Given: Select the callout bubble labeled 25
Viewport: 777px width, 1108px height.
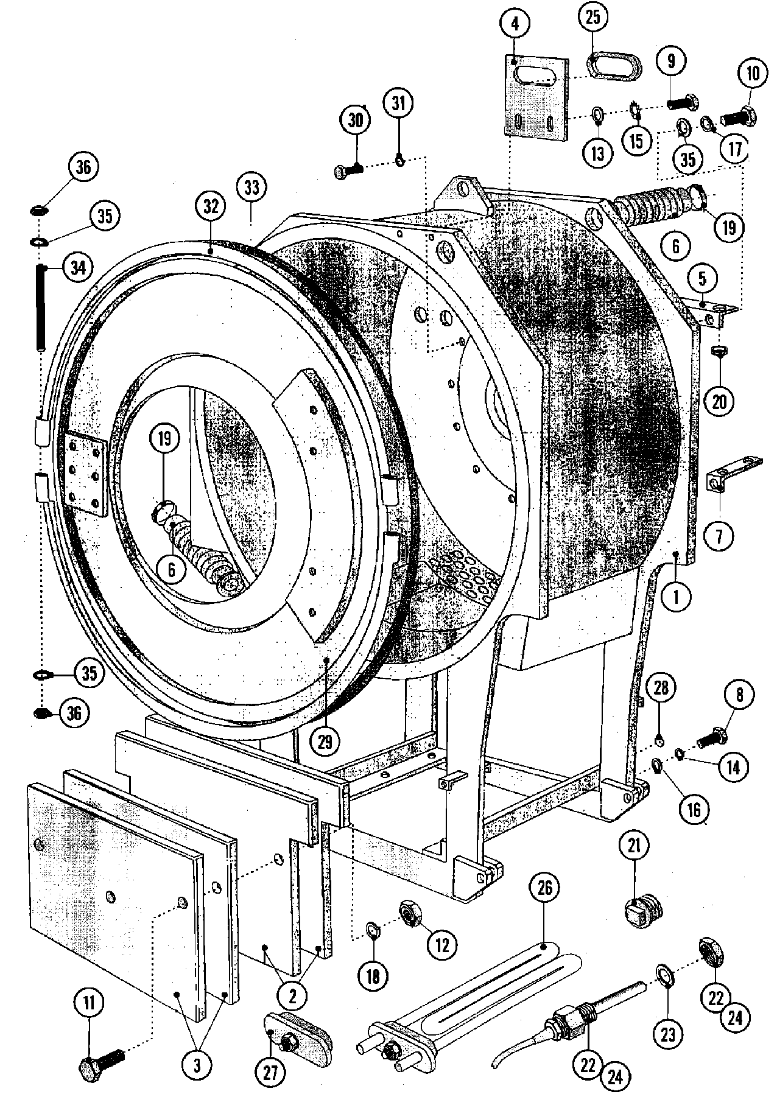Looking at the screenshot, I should pyautogui.click(x=592, y=18).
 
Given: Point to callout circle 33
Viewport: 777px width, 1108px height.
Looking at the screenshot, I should pyautogui.click(x=251, y=188).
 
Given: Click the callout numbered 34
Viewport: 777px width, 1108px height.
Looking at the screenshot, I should pyautogui.click(x=76, y=267).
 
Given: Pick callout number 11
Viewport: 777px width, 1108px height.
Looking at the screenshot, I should pyautogui.click(x=90, y=1004).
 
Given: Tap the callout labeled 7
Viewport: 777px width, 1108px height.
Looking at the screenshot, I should pyautogui.click(x=720, y=535).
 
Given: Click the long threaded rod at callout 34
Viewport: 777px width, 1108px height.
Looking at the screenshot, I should pyautogui.click(x=42, y=307).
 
